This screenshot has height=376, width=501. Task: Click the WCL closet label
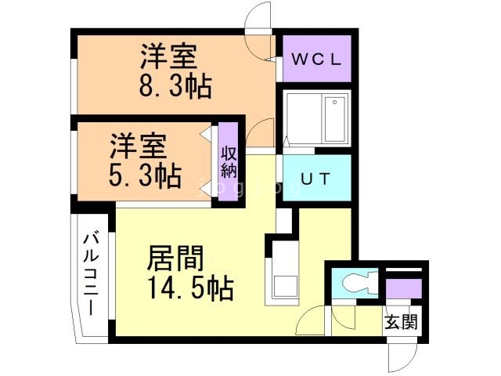317,59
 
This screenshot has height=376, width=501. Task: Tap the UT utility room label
317,179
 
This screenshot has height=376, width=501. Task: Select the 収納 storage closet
229,162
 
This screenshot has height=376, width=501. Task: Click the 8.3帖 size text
177,87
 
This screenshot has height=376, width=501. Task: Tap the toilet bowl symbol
357,282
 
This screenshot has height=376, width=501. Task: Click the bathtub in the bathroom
316,118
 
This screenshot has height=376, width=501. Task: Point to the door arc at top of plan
259,17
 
